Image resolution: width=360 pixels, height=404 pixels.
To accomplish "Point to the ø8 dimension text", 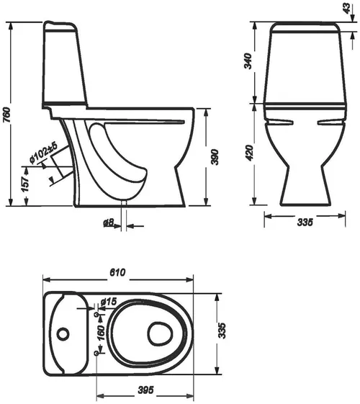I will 107,224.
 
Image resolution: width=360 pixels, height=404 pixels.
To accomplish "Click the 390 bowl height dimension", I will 213,158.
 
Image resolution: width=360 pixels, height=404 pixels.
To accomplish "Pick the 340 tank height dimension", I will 248,62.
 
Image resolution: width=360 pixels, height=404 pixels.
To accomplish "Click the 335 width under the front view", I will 304,224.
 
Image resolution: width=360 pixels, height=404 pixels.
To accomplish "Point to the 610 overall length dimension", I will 119,272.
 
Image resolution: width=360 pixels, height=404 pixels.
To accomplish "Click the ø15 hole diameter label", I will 109,301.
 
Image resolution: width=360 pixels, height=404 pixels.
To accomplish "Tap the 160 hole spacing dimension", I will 102,333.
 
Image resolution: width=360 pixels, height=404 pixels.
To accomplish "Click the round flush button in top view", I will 64,333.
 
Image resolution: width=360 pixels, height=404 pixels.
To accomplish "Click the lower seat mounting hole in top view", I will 97,355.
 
